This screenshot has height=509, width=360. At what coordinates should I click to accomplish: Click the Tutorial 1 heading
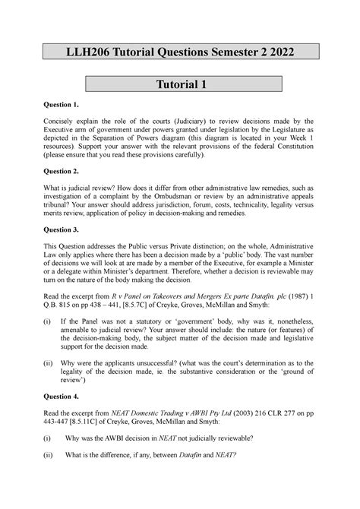pos(180,85)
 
